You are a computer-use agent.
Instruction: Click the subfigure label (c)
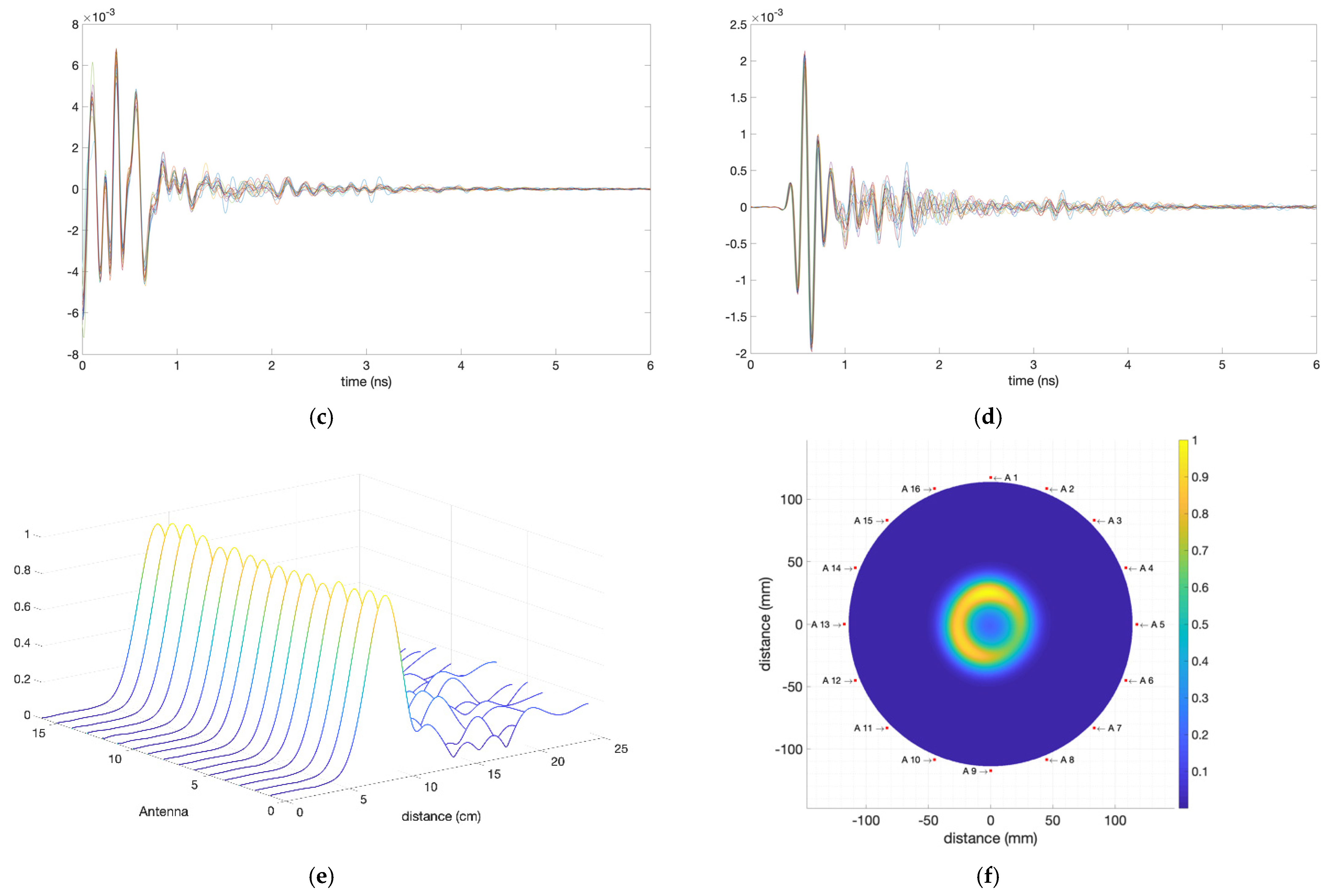pos(321,417)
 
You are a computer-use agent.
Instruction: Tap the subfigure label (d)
pos(988,417)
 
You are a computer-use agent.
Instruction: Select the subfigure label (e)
pos(321,876)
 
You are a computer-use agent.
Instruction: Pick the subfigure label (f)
pos(988,876)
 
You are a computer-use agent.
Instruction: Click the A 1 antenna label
pos(1011,478)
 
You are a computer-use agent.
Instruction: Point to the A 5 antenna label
pos(1157,624)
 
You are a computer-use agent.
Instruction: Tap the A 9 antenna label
pos(969,771)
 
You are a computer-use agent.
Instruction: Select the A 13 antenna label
pos(821,624)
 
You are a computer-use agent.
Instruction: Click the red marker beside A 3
pos(1094,521)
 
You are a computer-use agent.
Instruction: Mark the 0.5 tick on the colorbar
pos(1199,624)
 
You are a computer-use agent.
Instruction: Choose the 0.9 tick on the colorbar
pos(1199,477)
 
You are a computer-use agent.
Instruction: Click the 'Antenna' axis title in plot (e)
pos(163,812)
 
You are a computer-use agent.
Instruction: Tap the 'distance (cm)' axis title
pos(441,816)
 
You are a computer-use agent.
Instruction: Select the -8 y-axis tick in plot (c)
pos(72,355)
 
